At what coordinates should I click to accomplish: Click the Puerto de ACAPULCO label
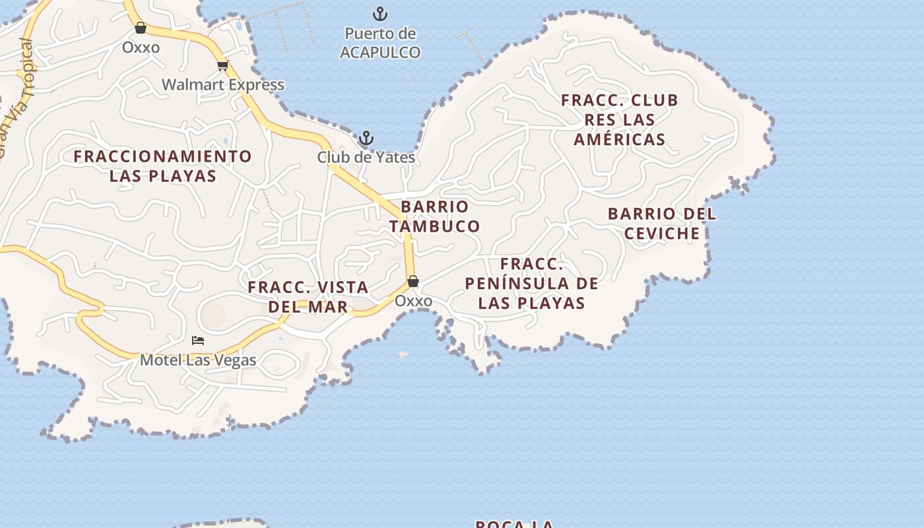pos(380,43)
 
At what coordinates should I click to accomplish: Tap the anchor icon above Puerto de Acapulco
pos(380,13)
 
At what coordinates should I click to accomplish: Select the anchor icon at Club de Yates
pos(366,139)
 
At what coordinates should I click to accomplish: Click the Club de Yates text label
pos(366,157)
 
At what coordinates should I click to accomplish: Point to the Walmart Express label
pos(223,84)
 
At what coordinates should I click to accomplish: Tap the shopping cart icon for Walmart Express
pos(222,65)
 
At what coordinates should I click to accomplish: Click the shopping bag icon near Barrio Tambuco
pos(413,281)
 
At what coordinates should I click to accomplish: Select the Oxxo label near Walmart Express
pos(141,48)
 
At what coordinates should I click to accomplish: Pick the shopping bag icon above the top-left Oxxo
pos(140,28)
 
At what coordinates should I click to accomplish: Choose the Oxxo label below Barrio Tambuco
pos(413,301)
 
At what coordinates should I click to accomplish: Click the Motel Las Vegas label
pos(198,360)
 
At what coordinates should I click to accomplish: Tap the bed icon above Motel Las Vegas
pos(198,341)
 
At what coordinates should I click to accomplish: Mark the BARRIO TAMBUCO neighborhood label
pos(434,216)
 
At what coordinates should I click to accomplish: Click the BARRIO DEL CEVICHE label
pos(662,224)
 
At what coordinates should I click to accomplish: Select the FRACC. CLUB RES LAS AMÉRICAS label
pos(620,119)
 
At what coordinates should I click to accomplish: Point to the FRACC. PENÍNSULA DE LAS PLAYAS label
pos(532,283)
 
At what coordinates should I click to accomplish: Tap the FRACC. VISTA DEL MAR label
pos(308,297)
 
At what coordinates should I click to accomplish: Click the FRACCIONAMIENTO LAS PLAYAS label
pos(163,166)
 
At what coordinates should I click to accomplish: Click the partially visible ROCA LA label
pos(515,523)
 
